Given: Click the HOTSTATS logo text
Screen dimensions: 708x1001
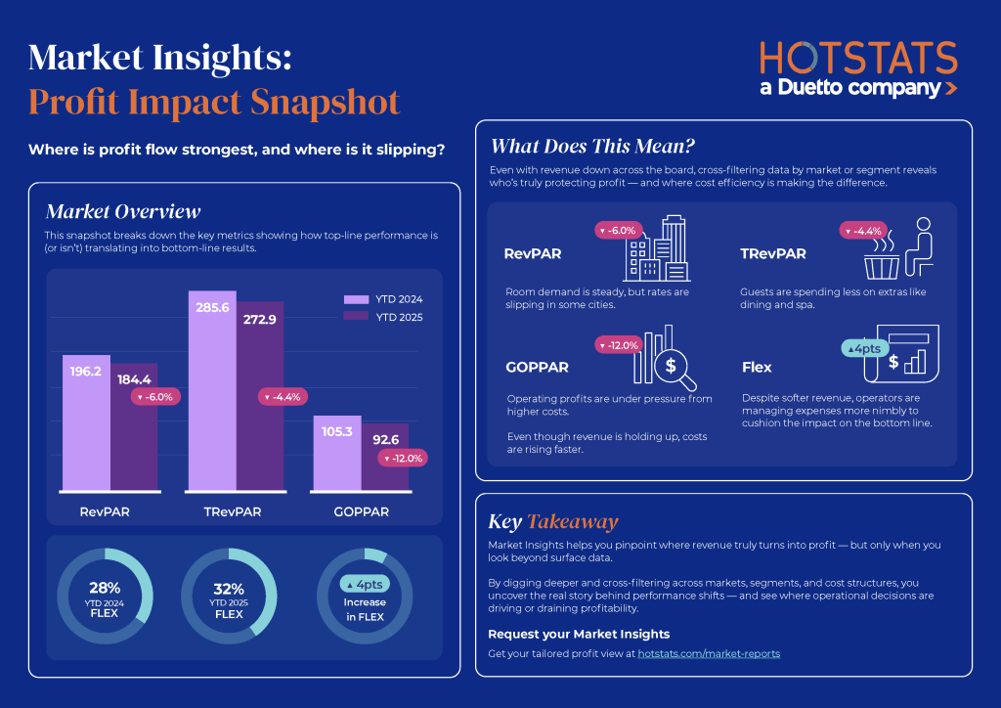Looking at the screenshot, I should point(857,57).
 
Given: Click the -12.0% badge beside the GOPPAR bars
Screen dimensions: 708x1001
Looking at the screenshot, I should point(404,458).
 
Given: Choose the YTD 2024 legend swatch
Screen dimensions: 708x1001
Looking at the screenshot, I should point(355,299).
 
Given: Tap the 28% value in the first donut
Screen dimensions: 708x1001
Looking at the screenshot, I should point(105,588).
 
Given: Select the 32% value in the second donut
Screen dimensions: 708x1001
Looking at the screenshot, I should point(229,589).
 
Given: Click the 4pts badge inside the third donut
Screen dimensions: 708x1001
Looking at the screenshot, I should point(365,584).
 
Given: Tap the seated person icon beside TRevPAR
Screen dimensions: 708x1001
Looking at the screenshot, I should point(916,247).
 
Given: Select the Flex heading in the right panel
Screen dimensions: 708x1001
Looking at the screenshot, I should point(757,368).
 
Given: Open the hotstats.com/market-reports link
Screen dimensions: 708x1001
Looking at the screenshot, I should point(709,653).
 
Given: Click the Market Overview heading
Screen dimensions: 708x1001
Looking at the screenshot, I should point(123,211).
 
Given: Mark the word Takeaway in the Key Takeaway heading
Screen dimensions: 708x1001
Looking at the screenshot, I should point(572,521).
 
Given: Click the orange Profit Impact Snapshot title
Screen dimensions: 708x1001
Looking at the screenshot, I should point(214,102).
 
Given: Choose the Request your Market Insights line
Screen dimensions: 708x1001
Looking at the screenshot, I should point(579,634).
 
